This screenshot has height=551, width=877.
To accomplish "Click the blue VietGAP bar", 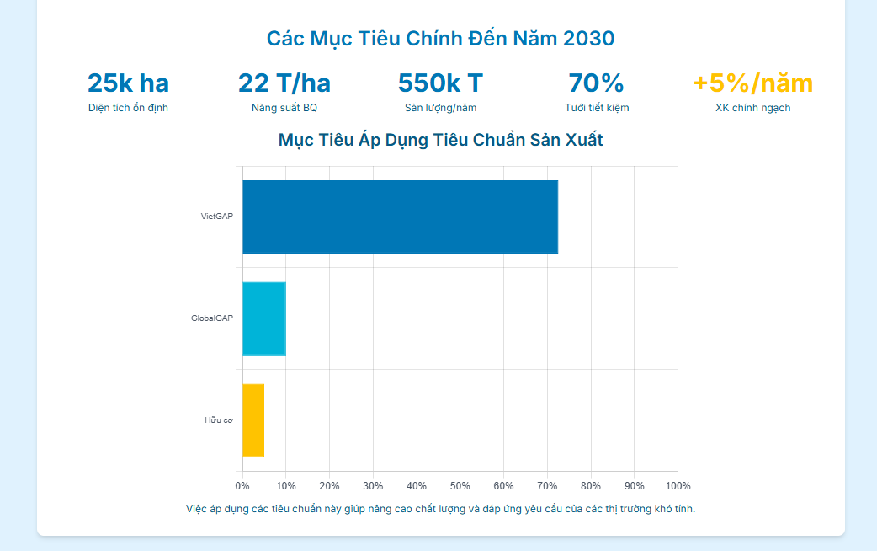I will point(400,217).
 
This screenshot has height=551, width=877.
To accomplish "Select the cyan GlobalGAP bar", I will point(264,318).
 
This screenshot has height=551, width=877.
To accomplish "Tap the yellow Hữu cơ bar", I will point(253,420).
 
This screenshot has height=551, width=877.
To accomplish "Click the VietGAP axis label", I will point(216,217).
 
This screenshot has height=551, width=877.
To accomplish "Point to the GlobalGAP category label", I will point(211,318).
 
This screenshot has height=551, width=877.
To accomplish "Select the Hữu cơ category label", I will point(218,420).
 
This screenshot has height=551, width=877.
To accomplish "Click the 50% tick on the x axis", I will point(460,486).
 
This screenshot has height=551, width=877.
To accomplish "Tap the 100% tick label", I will point(678,486).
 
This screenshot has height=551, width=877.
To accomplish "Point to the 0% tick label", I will point(242,486).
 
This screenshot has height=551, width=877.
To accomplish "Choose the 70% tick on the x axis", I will point(547,486).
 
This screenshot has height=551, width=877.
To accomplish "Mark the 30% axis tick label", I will point(373,486).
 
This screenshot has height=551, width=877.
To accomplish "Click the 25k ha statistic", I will point(128,83).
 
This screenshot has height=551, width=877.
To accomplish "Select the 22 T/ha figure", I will point(284,83).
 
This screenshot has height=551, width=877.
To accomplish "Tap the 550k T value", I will point(440,83).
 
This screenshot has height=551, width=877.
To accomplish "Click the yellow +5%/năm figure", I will point(752,83).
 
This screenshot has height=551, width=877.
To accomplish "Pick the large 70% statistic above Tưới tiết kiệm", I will point(596,83).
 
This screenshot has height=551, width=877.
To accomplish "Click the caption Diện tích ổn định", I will point(128,108).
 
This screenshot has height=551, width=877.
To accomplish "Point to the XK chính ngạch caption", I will point(752,108).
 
